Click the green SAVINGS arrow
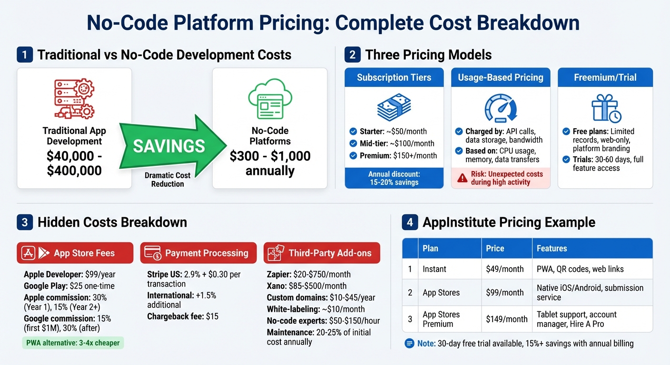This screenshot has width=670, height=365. (169, 145)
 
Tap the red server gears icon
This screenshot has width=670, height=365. (74, 98)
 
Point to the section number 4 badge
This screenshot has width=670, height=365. (410, 222)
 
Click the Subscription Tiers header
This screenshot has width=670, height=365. (394, 77)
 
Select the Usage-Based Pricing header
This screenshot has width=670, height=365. (501, 77)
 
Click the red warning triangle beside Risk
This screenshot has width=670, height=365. (462, 178)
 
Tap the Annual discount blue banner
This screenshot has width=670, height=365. (394, 178)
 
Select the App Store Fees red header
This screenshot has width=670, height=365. (75, 253)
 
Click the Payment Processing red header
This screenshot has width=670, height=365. (198, 253)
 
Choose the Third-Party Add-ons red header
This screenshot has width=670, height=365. (322, 253)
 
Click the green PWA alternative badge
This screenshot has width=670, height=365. (73, 343)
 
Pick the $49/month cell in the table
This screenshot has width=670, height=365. (504, 269)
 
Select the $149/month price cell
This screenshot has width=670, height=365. (506, 319)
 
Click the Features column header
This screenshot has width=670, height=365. (552, 248)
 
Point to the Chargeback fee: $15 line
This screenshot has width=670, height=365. (183, 316)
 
